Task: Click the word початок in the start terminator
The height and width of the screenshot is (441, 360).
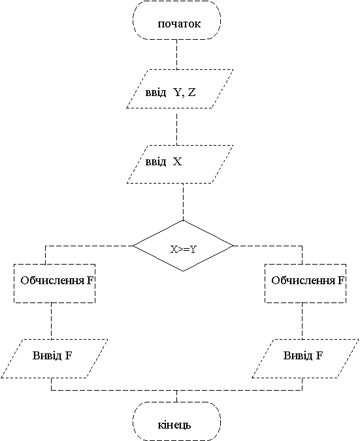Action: click(x=179, y=24)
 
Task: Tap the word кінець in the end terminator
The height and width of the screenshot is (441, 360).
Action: click(x=174, y=425)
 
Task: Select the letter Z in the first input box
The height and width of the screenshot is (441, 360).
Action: click(x=191, y=92)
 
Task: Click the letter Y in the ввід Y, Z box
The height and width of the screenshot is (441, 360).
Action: click(x=178, y=92)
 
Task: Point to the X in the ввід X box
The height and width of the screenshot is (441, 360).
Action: click(x=177, y=162)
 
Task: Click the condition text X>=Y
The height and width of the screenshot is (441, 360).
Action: click(x=183, y=249)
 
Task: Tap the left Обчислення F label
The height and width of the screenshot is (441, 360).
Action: click(x=57, y=280)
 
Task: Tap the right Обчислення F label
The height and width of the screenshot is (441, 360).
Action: click(x=308, y=280)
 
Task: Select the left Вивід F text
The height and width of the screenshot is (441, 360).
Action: click(x=52, y=355)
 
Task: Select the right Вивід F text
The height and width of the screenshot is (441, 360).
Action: click(x=303, y=355)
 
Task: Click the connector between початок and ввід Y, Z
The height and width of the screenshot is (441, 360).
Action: click(x=176, y=54)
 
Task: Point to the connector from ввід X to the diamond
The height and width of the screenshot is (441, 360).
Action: click(x=183, y=202)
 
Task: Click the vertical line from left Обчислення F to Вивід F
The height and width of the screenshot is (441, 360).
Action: click(x=51, y=321)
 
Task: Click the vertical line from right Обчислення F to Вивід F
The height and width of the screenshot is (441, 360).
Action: click(x=303, y=321)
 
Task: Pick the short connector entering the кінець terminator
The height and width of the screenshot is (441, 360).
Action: click(x=176, y=397)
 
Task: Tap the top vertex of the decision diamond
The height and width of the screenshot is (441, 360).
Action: click(x=183, y=221)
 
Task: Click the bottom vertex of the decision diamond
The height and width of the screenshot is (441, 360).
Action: click(x=183, y=271)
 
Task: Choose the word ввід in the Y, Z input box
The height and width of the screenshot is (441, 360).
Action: click(x=155, y=93)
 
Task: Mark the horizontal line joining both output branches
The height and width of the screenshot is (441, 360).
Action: click(x=176, y=390)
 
